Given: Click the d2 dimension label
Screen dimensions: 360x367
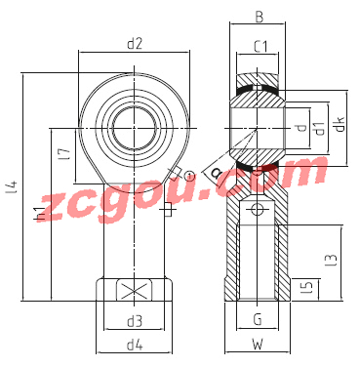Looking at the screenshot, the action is coord(135,44).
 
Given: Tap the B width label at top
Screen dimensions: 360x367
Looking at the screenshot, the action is coord(259,17).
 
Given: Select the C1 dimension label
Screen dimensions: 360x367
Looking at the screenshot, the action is coord(260,47).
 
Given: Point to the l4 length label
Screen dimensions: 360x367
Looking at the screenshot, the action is coord(12,188).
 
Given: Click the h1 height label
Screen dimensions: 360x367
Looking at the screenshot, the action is coord(39,213).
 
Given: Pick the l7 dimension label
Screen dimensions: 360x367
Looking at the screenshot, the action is coord(66,154).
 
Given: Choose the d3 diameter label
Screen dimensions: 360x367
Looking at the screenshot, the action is coord(135,321).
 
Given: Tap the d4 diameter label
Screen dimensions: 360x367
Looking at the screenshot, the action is coord(135,345).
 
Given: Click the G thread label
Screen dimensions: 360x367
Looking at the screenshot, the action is coord(258,319).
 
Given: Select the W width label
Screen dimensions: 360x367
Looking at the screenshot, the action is coord(258,345).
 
